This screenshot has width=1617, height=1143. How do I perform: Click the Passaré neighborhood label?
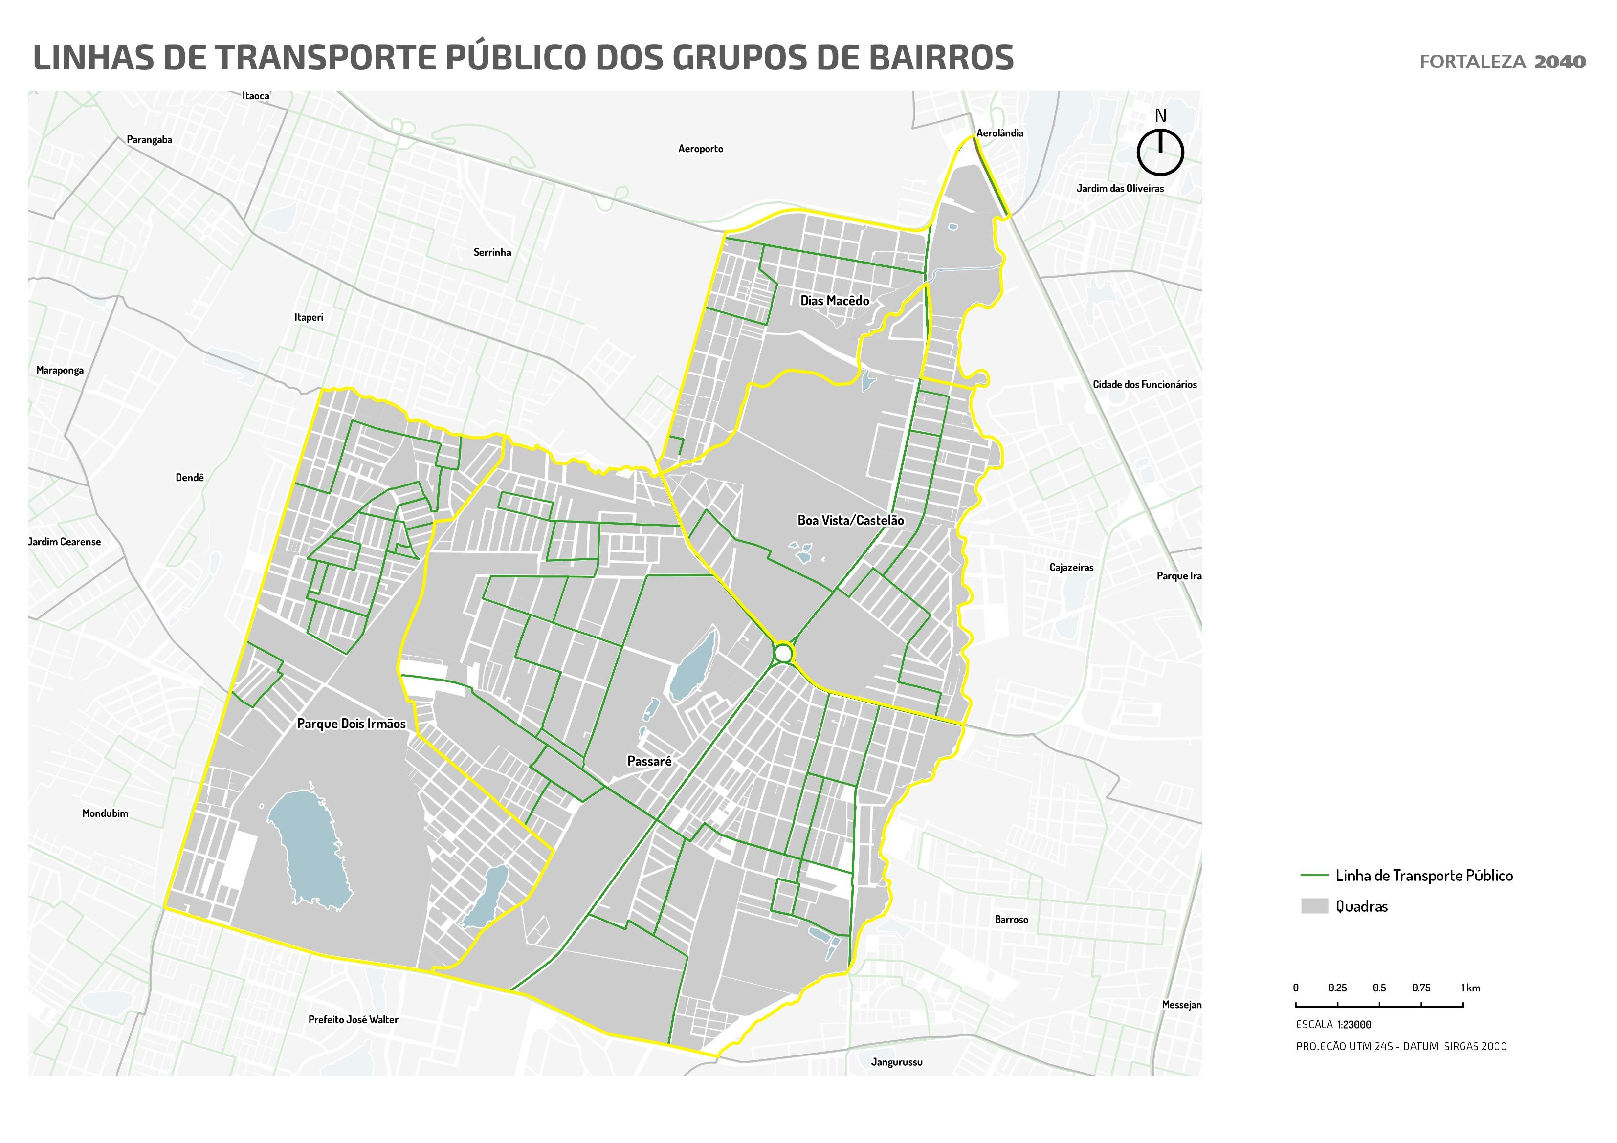pos(649,761)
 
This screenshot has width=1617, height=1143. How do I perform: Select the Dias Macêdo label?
pos(835,301)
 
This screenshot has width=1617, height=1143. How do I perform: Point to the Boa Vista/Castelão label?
pos(850,521)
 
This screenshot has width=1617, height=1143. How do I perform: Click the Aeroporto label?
pos(700,149)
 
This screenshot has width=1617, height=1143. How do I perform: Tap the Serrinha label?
pos(491,252)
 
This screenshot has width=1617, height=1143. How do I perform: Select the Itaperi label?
pos(309,318)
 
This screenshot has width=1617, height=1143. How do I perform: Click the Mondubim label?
pos(105,813)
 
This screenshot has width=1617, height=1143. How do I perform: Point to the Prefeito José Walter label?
pos(353,1020)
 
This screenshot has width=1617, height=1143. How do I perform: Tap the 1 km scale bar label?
pos(1470,988)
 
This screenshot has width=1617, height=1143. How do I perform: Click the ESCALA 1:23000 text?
pos(1333,1025)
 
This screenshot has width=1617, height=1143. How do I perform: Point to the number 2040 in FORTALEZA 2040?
pos(1560,62)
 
